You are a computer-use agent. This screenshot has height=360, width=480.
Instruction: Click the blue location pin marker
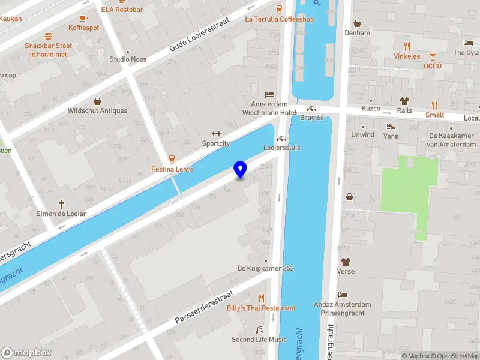[x=240, y=170]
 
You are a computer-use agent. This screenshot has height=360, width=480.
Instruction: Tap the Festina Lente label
[x=172, y=169]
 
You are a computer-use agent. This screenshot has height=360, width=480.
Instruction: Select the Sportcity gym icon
[x=216, y=134]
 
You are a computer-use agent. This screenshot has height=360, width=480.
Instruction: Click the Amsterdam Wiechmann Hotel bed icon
[x=269, y=95]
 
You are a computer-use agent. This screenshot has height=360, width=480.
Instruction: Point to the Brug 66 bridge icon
[x=311, y=109]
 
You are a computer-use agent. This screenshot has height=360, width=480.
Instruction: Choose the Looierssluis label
[x=281, y=148]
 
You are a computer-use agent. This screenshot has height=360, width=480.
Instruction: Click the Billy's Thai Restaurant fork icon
[x=261, y=298]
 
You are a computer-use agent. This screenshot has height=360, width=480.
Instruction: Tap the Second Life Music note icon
[x=259, y=329]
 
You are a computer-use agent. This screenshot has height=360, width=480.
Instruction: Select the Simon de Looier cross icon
[x=61, y=205]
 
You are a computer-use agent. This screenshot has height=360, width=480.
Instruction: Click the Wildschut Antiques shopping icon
[x=97, y=101]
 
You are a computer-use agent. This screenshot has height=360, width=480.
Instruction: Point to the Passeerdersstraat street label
[x=203, y=307]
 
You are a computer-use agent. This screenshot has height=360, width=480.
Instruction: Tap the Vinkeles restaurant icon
[x=407, y=46]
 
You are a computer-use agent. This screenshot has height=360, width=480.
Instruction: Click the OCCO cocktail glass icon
[x=432, y=56]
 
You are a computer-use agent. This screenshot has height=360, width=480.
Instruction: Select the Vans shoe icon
[x=391, y=127]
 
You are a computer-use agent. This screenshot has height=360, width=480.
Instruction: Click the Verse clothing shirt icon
[x=346, y=262]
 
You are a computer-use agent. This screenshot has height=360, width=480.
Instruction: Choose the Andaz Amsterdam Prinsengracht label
[x=343, y=308]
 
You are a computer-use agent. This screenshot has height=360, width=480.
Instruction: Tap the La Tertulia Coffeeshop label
[x=279, y=19]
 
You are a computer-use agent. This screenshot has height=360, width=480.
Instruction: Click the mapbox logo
[x=26, y=353]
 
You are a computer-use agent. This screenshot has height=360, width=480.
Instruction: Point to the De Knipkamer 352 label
[x=265, y=268]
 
